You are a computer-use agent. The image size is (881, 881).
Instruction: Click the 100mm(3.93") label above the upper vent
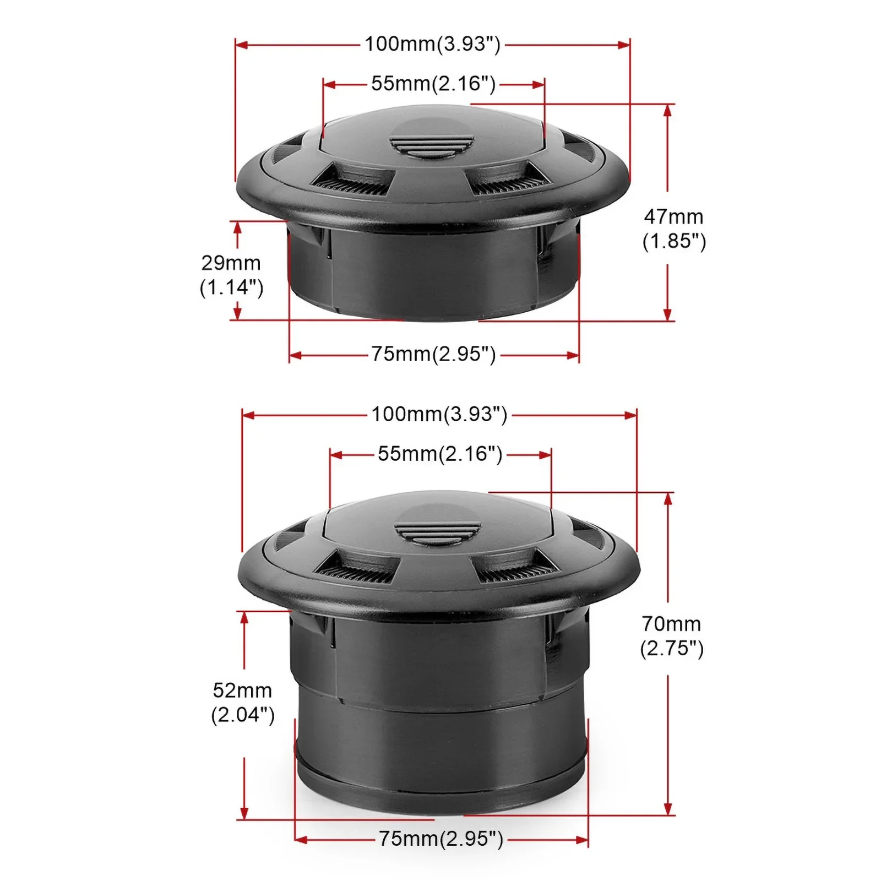[433, 44]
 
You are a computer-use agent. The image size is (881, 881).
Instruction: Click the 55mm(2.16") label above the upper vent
[433, 84]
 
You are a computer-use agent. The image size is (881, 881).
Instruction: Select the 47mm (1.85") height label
[674, 229]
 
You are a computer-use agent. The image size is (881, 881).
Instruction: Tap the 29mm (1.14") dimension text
[231, 275]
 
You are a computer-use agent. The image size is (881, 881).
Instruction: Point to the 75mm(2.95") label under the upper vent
[433, 354]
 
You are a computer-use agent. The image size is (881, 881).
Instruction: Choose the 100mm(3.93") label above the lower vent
[439, 414]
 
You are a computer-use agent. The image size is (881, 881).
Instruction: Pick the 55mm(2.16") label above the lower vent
[440, 454]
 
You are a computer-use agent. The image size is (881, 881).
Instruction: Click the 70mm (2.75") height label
[672, 636]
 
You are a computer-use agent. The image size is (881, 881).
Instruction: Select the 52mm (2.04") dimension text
[243, 703]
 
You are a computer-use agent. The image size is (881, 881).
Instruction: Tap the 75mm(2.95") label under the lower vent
[441, 839]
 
